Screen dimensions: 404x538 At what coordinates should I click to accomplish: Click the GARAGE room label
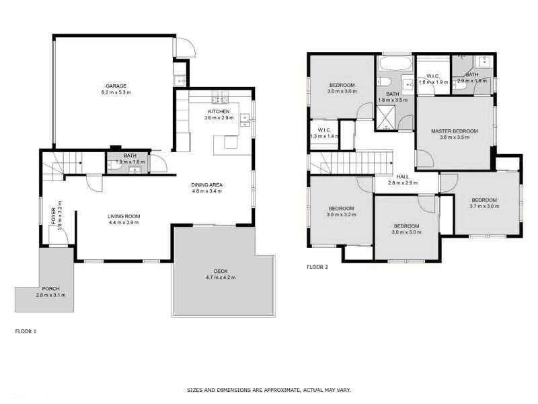click(116, 86)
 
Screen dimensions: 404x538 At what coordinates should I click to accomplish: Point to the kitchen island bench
click(227, 143)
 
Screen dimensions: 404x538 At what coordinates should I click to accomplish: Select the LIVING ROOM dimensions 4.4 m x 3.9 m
click(124, 223)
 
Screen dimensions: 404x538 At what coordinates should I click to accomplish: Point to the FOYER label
click(54, 215)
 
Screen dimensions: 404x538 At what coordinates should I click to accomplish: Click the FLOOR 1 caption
click(26, 331)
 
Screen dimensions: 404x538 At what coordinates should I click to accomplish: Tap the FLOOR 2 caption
click(317, 267)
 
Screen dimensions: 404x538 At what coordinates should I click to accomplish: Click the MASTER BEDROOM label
click(455, 131)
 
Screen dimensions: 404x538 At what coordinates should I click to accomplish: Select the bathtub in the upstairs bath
click(393, 65)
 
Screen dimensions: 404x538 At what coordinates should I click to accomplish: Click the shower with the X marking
click(385, 119)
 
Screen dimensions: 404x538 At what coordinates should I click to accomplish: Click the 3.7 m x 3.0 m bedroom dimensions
click(484, 207)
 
